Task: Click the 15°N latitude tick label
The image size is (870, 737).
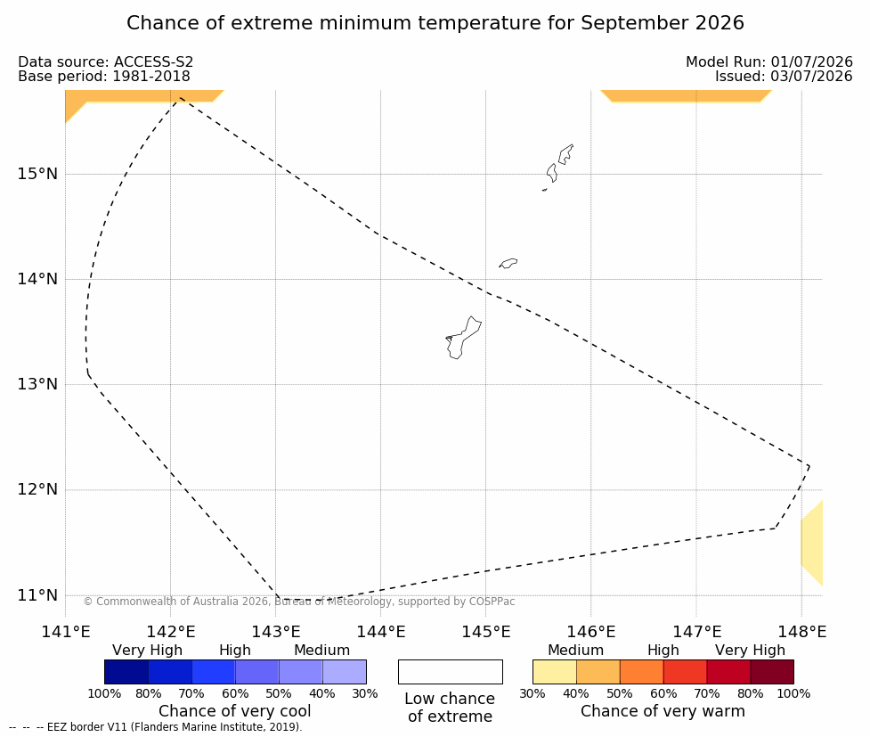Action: [37, 174]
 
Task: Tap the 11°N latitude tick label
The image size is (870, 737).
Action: [37, 595]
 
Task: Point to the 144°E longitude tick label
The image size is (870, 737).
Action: [380, 632]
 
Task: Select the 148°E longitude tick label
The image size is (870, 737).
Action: [801, 632]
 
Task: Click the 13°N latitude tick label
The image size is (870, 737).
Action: [37, 384]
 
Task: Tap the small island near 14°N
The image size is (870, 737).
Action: [508, 263]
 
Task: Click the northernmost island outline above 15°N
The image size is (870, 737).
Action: [565, 154]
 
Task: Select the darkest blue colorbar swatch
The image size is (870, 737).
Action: [126, 672]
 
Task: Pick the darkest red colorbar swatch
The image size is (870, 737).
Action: [772, 672]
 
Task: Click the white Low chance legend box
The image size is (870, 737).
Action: [451, 672]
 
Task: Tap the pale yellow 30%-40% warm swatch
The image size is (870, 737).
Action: [555, 672]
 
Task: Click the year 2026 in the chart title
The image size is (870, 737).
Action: [718, 23]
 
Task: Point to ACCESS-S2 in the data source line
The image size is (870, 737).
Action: [153, 62]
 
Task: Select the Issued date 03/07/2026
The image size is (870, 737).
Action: [811, 76]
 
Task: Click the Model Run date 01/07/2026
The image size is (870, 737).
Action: [811, 62]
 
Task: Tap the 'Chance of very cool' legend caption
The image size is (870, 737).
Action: [235, 711]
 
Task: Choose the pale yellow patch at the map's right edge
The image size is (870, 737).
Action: [812, 543]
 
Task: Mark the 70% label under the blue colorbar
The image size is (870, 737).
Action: [192, 693]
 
